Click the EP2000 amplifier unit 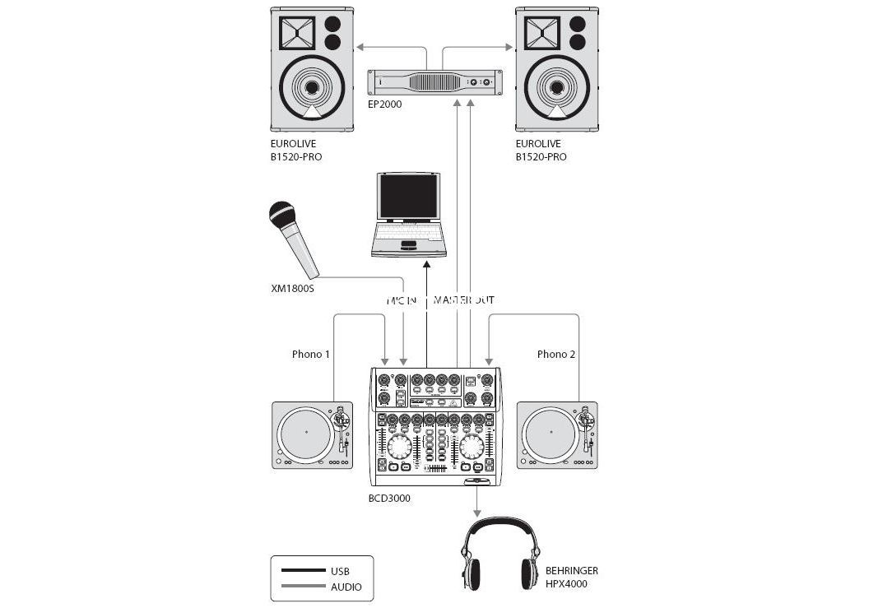pos(434,82)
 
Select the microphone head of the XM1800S pos(283,216)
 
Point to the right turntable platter pos(551,433)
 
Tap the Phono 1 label pos(311,355)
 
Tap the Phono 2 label pos(556,355)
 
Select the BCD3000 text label pos(389,498)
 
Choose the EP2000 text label pos(384,104)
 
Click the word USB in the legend pos(341,571)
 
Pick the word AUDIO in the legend pos(346,587)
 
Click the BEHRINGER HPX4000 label pos(571,577)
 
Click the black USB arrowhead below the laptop pos(427,263)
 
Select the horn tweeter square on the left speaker pos(297,33)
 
